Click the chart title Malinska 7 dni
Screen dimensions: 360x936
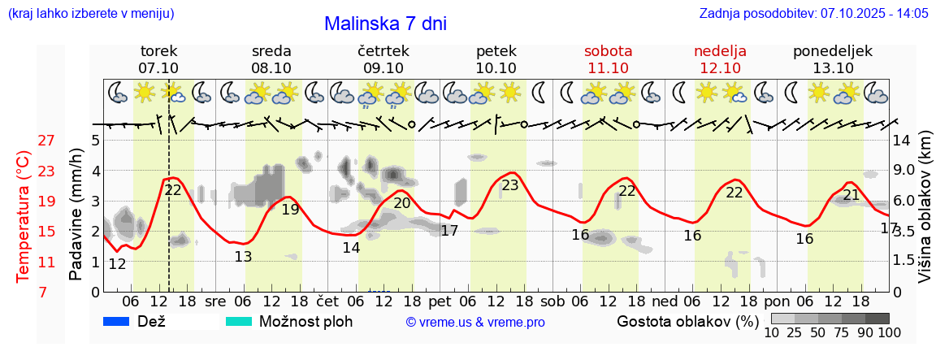click(385, 24)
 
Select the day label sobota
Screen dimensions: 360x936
click(608, 51)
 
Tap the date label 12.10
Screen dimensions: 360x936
click(720, 68)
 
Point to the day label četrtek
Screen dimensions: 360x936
click(383, 51)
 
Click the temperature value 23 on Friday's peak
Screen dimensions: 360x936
click(509, 185)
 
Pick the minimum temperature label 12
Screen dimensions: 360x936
click(117, 264)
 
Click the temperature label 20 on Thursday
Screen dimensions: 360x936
click(402, 203)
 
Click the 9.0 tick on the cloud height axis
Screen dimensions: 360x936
click(904, 171)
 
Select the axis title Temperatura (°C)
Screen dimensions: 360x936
click(24, 217)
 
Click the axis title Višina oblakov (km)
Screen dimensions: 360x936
click(925, 207)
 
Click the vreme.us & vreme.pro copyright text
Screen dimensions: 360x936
click(475, 322)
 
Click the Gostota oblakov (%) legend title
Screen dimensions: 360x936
click(687, 321)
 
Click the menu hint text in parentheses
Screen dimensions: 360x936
click(89, 14)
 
